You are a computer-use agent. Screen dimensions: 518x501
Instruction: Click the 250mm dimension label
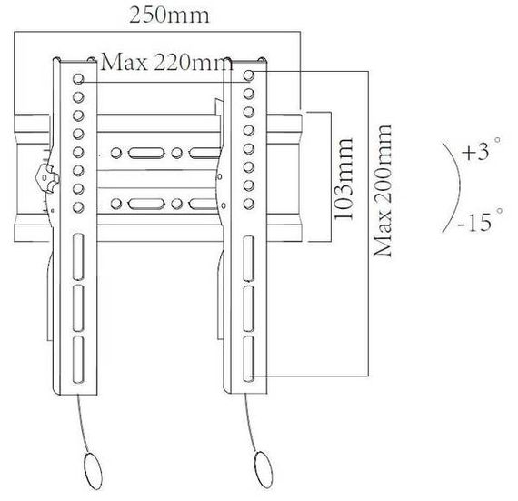169,15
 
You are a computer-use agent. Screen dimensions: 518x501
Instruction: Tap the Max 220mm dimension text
167,62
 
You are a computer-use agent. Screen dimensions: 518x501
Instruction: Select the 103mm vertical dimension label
344,179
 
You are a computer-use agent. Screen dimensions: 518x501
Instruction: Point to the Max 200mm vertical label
383,191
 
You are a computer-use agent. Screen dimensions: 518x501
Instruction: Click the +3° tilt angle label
481,150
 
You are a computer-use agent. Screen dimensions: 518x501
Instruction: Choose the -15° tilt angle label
481,220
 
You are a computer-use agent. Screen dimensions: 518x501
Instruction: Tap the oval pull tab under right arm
264,469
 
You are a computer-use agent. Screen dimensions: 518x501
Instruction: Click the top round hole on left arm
78,79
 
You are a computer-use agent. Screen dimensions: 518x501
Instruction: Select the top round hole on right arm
249,75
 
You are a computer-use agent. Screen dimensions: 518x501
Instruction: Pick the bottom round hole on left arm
78,207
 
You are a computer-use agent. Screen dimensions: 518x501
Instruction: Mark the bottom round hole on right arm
249,204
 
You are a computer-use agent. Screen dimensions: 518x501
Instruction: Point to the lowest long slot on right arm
249,359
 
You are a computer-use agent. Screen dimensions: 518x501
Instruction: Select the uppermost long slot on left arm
78,257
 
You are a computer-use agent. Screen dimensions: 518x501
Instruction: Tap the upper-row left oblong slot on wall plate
146,153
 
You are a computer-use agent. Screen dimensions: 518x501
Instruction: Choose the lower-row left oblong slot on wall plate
146,204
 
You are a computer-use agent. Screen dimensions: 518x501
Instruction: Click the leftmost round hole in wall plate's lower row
116,204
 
